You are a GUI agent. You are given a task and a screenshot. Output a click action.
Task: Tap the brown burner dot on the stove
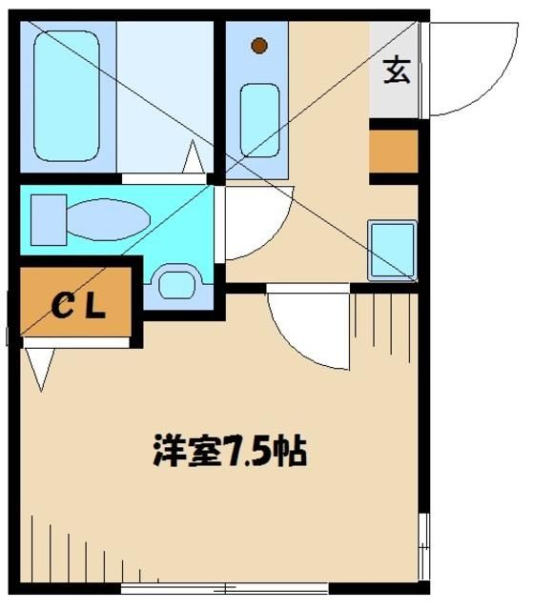coord(258,45)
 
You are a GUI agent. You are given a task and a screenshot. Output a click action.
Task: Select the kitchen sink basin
coord(258,118)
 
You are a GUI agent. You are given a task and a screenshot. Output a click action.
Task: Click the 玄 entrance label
coord(397,71)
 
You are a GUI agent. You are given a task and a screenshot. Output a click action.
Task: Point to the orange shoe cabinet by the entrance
coord(393,151)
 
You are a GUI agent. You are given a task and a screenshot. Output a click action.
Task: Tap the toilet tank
coord(47,218)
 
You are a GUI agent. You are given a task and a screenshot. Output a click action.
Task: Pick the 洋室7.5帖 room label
coord(229,450)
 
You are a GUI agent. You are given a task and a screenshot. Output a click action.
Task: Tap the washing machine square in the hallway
coord(392,249)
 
